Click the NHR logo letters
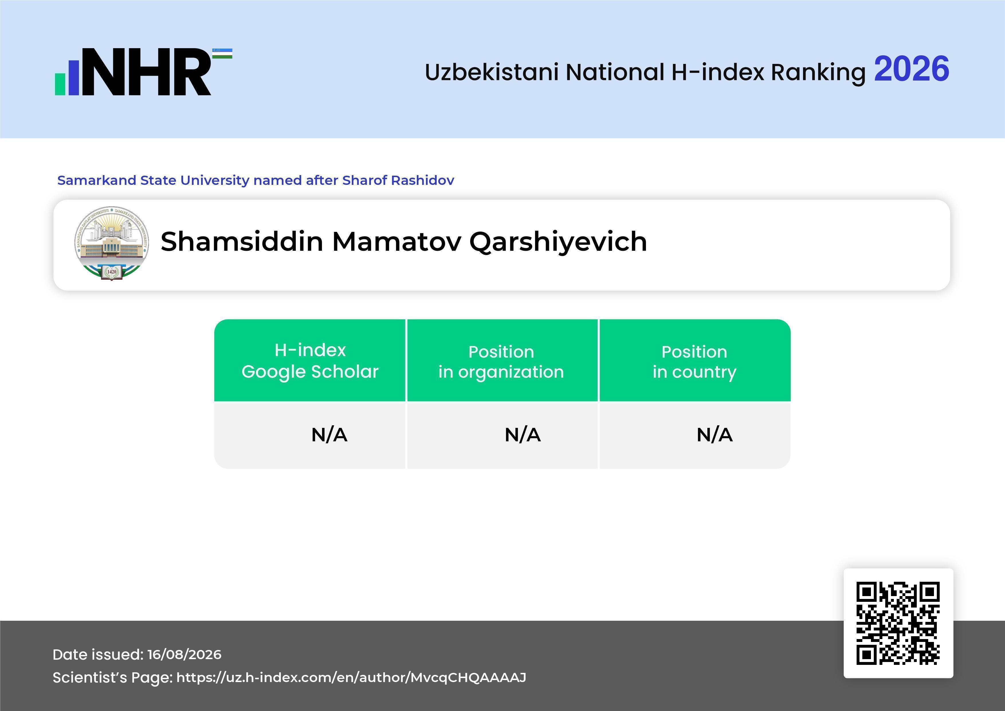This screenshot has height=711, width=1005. point(147,72)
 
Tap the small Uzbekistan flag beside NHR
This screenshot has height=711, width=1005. point(222,53)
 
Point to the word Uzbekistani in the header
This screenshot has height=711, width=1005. point(492,72)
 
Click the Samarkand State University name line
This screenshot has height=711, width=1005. point(256,180)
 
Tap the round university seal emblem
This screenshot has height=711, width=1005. point(112,243)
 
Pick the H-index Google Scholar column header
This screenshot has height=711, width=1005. point(310,361)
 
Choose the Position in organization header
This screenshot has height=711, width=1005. point(501,362)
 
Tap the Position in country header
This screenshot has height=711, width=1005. point(694,362)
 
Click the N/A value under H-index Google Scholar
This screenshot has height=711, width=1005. point(329,435)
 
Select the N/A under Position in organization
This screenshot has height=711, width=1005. point(523,435)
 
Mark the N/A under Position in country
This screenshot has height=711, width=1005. point(714,435)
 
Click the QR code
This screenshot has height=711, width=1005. point(898,623)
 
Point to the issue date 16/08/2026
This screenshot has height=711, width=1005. point(184,655)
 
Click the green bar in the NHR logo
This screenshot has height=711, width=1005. point(60,84)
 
